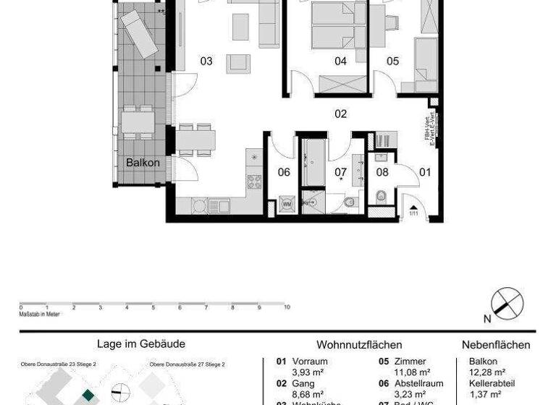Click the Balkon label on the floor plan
pos(143,163)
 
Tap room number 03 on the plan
pos(206,61)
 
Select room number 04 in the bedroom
pos(340,61)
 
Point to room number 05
pos(392,61)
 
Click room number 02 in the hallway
pos(340,114)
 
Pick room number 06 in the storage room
pos(284,172)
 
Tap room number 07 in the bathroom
pos(340,172)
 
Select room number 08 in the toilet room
pos(382,172)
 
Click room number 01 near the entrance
pos(425,172)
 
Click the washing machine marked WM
pos(287,204)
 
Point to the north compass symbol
pos(507,303)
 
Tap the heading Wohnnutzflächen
pos(359,345)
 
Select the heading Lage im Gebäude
pos(141,344)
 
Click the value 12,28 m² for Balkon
pos(486,372)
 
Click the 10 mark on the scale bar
pos(287,307)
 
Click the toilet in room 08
pos(382,195)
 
